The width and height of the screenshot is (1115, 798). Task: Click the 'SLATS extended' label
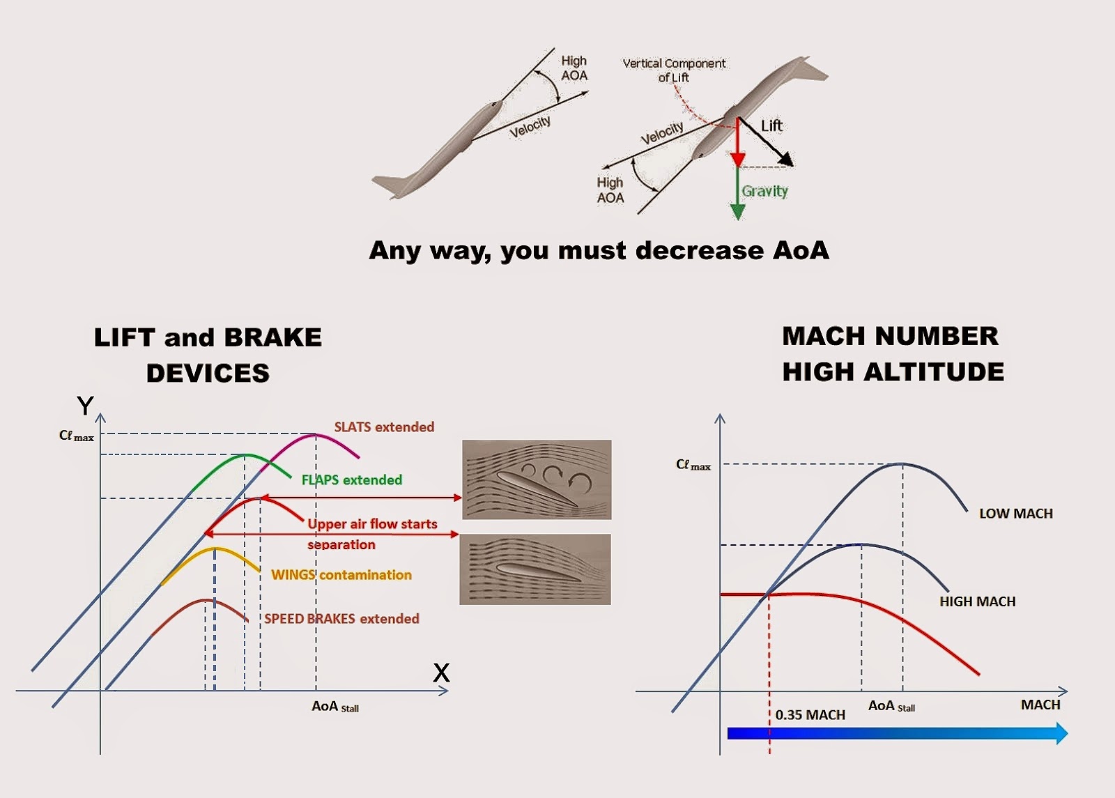tap(384, 427)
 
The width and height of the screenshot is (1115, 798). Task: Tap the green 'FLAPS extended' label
tap(351, 479)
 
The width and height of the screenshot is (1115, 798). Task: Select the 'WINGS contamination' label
tap(341, 574)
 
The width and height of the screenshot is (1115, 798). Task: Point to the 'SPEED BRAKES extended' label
tap(341, 618)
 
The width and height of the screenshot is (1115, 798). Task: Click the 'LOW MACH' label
tap(1015, 514)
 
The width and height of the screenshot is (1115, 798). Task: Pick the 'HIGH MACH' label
tap(977, 601)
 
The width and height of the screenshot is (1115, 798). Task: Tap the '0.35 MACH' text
tap(810, 715)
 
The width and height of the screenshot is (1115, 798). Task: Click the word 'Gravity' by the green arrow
tap(764, 191)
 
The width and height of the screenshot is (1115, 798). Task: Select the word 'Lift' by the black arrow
tap(771, 126)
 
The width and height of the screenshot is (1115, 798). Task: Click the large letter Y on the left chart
tap(85, 406)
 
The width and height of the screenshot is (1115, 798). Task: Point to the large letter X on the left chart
tap(441, 673)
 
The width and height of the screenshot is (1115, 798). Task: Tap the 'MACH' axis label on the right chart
tap(1040, 705)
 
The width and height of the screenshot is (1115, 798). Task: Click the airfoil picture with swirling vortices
tap(537, 479)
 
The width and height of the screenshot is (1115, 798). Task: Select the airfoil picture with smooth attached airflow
tap(535, 569)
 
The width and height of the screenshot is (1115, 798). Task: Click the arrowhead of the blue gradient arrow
tap(1061, 733)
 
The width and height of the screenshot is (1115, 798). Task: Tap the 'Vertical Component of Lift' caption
tap(674, 70)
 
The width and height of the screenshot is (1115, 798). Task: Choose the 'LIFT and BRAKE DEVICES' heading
tap(208, 355)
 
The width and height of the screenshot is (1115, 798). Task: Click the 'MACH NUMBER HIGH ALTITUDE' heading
tap(893, 353)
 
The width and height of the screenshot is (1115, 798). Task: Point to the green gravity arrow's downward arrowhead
tap(737, 212)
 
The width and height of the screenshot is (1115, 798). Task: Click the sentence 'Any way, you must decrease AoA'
tap(599, 250)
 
